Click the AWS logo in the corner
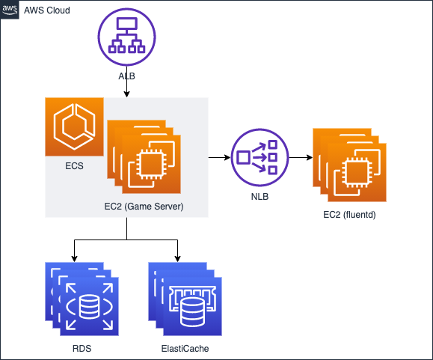[10, 10]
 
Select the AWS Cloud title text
[47, 10]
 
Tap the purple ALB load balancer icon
[126, 37]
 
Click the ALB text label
[126, 76]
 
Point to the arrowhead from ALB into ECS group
[126, 94]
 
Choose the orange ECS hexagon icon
[75, 126]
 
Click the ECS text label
[74, 165]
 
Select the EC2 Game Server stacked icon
[144, 156]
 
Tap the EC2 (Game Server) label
[144, 207]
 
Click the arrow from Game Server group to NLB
[219, 157]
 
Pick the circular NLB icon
[260, 157]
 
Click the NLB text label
[260, 196]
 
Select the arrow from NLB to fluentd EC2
[301, 157]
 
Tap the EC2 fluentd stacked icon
[349, 165]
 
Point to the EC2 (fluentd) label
[349, 215]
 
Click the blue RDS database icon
[82, 299]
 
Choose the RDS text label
[82, 348]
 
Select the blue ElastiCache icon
[185, 299]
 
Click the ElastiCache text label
[185, 348]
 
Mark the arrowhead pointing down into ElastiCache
[177, 259]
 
